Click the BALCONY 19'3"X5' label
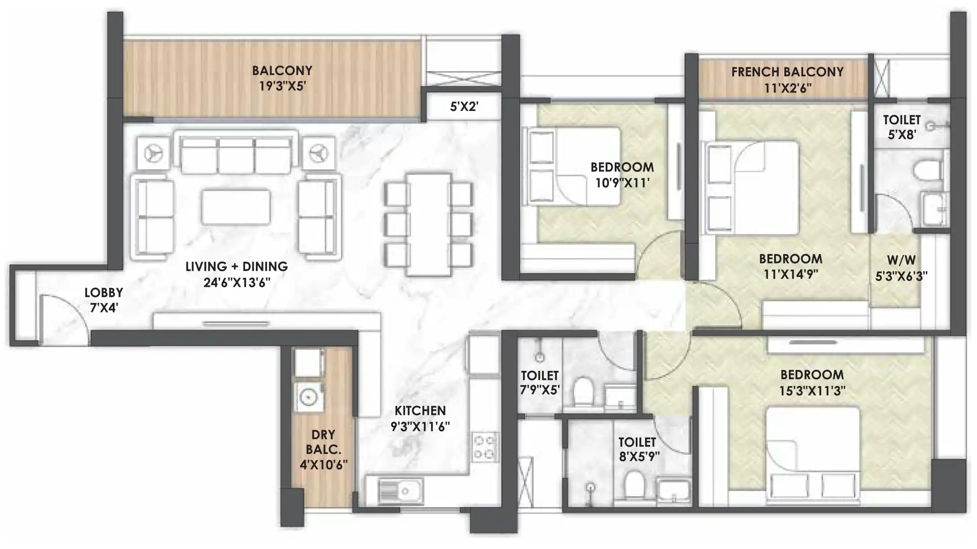[x=282, y=78]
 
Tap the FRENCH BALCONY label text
[x=787, y=72]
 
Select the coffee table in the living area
[x=236, y=207]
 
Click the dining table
[x=428, y=224]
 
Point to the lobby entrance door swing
[x=63, y=316]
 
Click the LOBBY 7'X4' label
[x=104, y=300]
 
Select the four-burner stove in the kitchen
[x=485, y=447]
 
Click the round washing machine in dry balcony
[x=308, y=397]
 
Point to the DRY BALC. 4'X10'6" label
[x=323, y=449]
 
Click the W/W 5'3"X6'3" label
[x=901, y=268]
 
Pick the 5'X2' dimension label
[x=464, y=107]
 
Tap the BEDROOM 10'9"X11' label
[x=622, y=175]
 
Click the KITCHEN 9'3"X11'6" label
[x=420, y=418]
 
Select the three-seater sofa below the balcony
[x=236, y=155]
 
